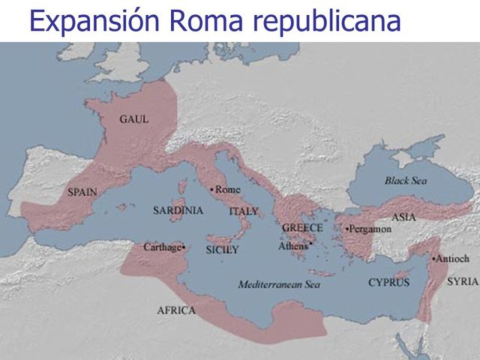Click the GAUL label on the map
pyautogui.click(x=134, y=119)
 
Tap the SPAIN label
pyautogui.click(x=82, y=191)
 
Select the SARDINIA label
pyautogui.click(x=178, y=211)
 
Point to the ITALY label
pyautogui.click(x=243, y=212)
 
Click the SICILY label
pyautogui.click(x=222, y=250)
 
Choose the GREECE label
pyautogui.click(x=302, y=228)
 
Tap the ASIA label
pyautogui.click(x=403, y=217)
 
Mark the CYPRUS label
pyautogui.click(x=388, y=283)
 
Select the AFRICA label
pyautogui.click(x=176, y=310)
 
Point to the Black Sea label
pyautogui.click(x=406, y=181)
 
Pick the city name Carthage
pyautogui.click(x=163, y=246)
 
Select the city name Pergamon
pyautogui.click(x=369, y=229)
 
